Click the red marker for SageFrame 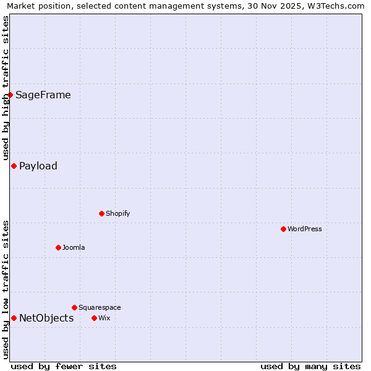click(x=11, y=95)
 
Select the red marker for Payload click(x=14, y=166)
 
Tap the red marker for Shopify click(x=101, y=213)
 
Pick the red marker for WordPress click(x=283, y=229)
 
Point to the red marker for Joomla click(x=58, y=247)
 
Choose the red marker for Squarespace click(x=74, y=307)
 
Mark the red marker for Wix click(x=94, y=318)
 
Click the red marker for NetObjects click(x=14, y=318)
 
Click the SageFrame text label click(x=43, y=95)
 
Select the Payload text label click(x=38, y=166)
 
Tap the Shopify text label click(x=117, y=213)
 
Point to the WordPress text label click(x=305, y=229)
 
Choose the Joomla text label click(x=74, y=247)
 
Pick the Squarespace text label click(x=100, y=307)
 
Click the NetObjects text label click(x=46, y=318)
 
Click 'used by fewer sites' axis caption click(x=64, y=366)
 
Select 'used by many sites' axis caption click(x=310, y=366)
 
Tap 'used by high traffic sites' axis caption click(x=6, y=88)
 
